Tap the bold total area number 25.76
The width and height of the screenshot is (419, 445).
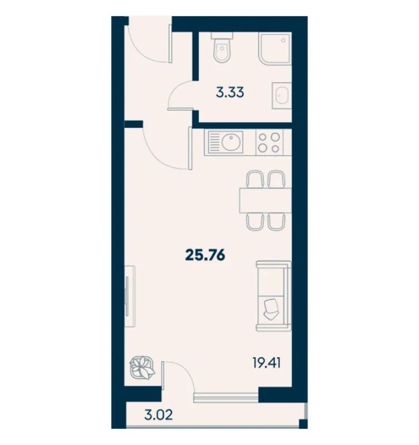click(x=205, y=255)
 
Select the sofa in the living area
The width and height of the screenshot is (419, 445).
click(x=273, y=295)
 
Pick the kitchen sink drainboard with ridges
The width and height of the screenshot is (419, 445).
click(x=214, y=142)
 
